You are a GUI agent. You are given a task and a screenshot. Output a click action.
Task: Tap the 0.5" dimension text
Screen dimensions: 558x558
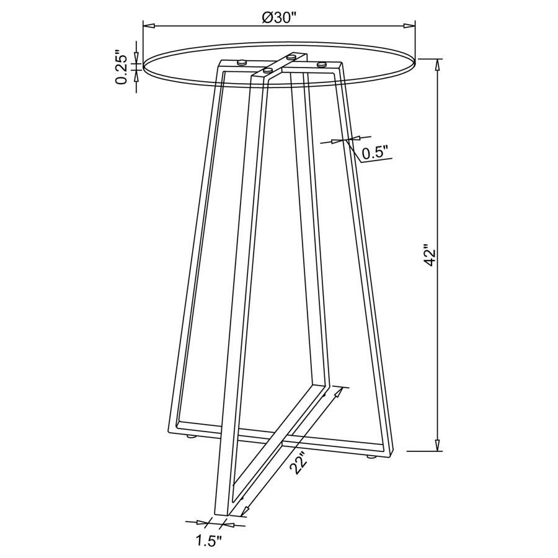point(375,152)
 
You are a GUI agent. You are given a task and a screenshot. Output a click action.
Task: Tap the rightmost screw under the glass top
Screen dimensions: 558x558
point(321,63)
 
